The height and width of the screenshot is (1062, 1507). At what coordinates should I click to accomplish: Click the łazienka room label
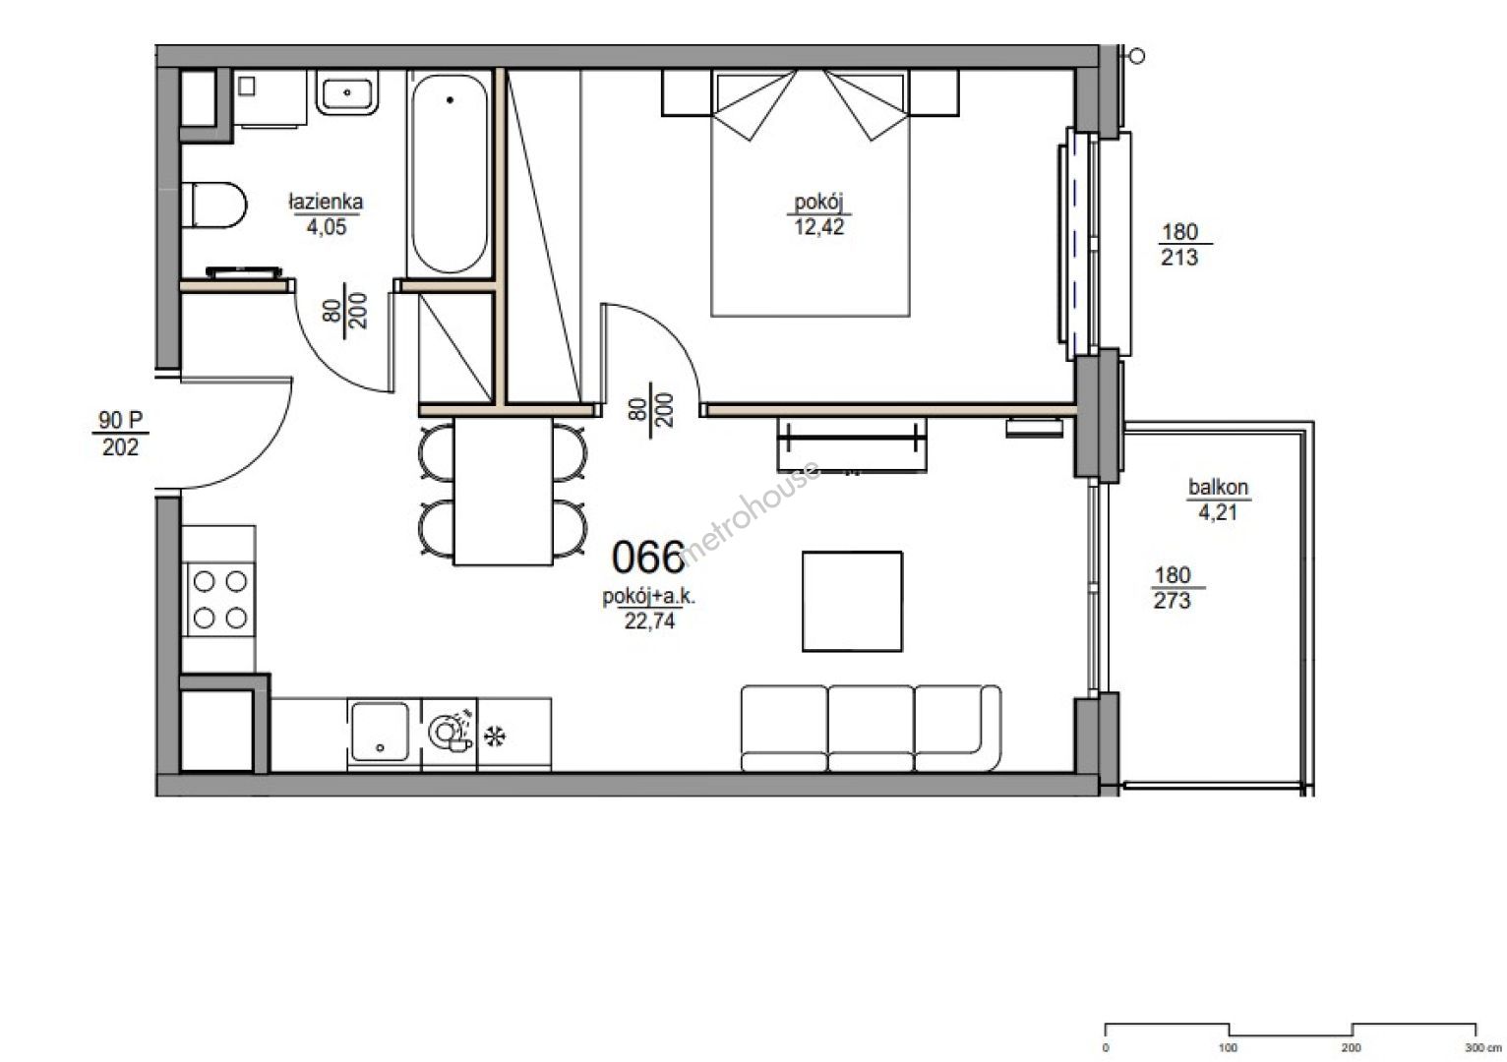pos(327,202)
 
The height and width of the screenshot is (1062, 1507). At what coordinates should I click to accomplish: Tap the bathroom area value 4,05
pos(327,227)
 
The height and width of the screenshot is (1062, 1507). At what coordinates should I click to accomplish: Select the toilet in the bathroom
pos(213,206)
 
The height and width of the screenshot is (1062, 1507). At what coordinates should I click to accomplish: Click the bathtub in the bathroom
pos(451,173)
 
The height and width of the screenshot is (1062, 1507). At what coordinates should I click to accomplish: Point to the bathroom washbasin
pos(347,93)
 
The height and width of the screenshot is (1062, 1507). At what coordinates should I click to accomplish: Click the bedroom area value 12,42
pos(818,227)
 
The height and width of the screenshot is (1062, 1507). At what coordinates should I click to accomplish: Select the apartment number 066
pos(648,558)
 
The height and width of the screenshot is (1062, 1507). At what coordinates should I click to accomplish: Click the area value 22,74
pos(649,620)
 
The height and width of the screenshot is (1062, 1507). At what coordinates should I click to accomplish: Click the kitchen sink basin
pos(380,732)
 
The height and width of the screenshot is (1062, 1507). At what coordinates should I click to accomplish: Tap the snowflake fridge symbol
pos(495,737)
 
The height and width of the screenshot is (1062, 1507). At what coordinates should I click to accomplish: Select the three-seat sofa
pos(872,729)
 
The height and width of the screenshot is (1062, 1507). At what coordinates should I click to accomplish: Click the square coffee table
pos(853,601)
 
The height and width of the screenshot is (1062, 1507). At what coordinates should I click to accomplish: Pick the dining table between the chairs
pos(504,491)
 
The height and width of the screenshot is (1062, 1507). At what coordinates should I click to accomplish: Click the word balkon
pos(1218,487)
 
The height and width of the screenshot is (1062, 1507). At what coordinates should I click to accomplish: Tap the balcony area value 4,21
pos(1218,512)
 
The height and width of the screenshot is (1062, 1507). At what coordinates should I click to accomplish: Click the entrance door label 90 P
pos(120,420)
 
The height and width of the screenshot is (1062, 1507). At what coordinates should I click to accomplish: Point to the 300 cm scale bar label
pos(1482,1047)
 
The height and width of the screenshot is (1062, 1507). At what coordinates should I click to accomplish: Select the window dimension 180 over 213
pos(1180,244)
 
